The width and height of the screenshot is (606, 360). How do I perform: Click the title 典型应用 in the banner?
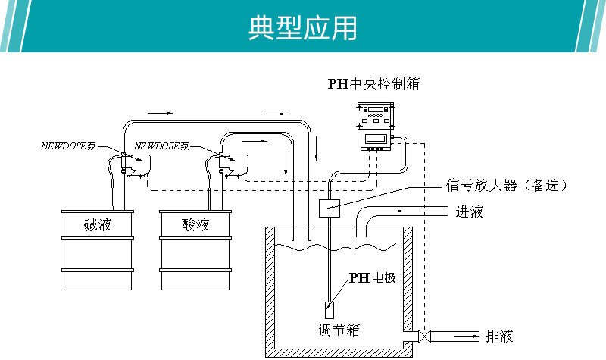coord(302,27)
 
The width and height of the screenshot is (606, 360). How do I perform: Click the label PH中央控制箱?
coord(373,84)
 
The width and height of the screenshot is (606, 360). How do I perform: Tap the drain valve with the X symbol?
coord(425,335)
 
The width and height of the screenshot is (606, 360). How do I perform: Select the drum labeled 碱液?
coord(98,250)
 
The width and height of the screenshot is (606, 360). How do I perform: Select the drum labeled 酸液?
coord(195,250)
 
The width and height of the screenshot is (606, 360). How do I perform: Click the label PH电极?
coord(372,278)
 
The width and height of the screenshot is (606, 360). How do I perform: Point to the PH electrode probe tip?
coord(330,310)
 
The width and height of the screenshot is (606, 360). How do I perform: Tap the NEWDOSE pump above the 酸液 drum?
coord(234,164)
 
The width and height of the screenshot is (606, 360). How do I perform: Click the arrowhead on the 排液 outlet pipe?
coord(475,334)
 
